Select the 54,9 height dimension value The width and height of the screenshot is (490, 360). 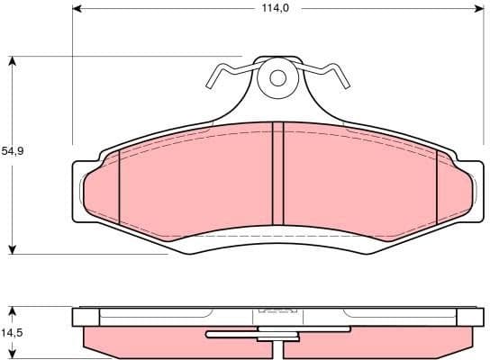(13, 152)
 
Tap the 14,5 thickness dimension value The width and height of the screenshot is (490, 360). (13, 333)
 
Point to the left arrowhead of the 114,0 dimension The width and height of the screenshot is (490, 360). (77, 9)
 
